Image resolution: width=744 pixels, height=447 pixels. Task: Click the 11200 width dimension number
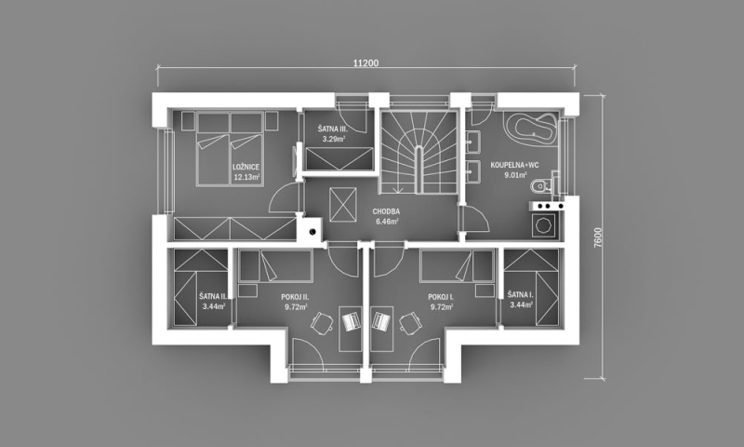pos(365,63)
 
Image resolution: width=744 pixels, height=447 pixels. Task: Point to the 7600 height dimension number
pos(598,237)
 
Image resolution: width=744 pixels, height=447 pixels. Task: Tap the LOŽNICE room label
pos(246,168)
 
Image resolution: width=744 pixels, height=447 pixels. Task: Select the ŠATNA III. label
pos(333,129)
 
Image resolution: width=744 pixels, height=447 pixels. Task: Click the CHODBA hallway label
pos(386,211)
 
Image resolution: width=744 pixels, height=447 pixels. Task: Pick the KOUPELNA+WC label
pos(515,166)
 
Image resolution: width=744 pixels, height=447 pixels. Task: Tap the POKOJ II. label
pos(295,297)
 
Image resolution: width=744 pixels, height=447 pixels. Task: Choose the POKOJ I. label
pos(441,297)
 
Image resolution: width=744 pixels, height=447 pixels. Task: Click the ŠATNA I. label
pos(521,295)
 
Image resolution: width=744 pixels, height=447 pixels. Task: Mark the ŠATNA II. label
pos(213,296)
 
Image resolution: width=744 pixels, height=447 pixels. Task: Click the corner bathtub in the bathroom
pos(531,127)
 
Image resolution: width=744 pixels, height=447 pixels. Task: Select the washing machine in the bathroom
pos(544,224)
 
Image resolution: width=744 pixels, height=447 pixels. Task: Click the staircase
pos(418,152)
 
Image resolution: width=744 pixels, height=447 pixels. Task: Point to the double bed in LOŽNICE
pos(230,149)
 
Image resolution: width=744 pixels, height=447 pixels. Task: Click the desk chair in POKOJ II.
pos(322,322)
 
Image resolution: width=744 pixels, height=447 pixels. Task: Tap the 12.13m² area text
pos(246,177)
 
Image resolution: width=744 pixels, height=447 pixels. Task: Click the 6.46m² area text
pos(387,222)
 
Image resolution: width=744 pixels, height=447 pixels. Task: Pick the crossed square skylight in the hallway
pos(342,204)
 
